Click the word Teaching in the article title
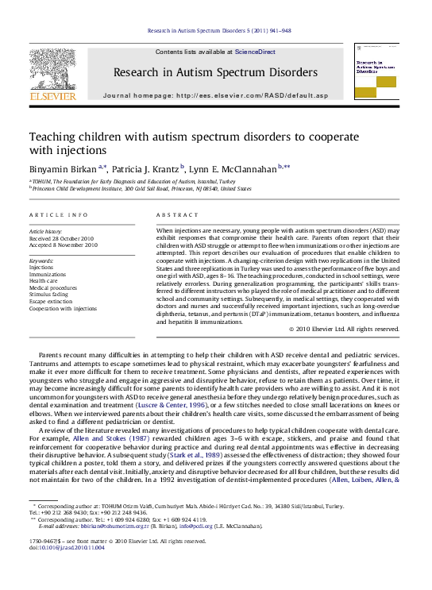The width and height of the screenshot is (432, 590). (55, 136)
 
